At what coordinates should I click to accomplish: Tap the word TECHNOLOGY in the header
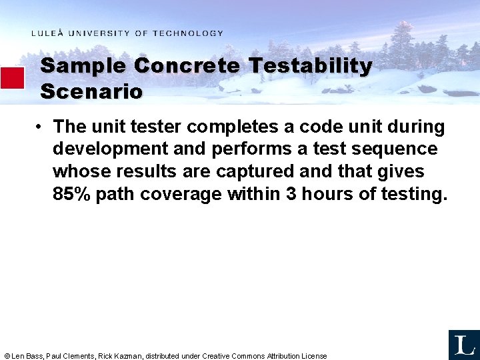click(188, 33)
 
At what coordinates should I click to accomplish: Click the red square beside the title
click(12, 78)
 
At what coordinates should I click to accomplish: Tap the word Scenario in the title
click(91, 91)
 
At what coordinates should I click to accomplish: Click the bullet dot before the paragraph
click(41, 127)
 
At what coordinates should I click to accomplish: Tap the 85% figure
click(71, 194)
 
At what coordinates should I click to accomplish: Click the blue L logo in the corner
click(463, 345)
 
